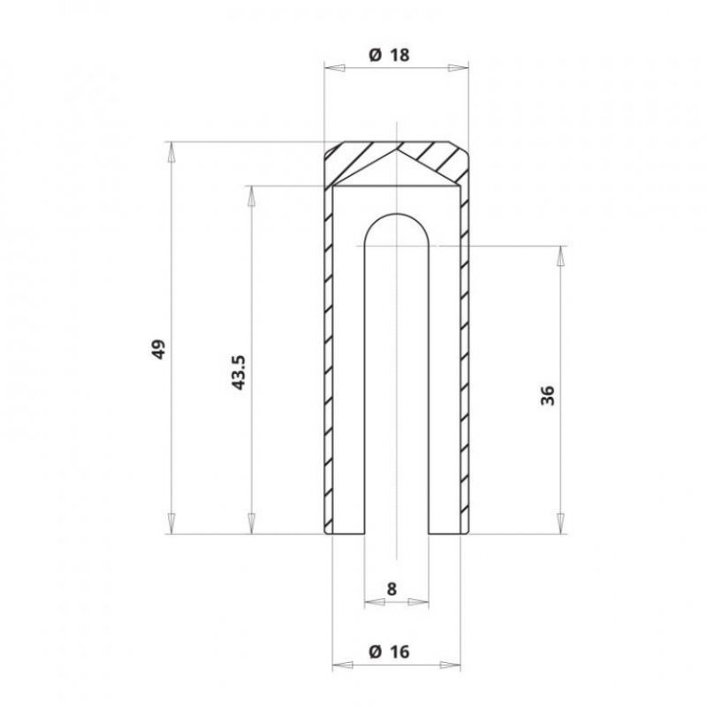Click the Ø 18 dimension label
click(389, 55)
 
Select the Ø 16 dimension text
click(389, 651)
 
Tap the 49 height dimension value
click(158, 349)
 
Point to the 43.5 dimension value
click(238, 372)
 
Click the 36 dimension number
click(548, 395)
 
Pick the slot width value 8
click(392, 589)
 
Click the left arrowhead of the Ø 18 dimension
click(335, 68)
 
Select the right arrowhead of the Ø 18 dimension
click(458, 68)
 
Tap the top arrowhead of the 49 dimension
click(171, 152)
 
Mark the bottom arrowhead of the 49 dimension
click(171, 523)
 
